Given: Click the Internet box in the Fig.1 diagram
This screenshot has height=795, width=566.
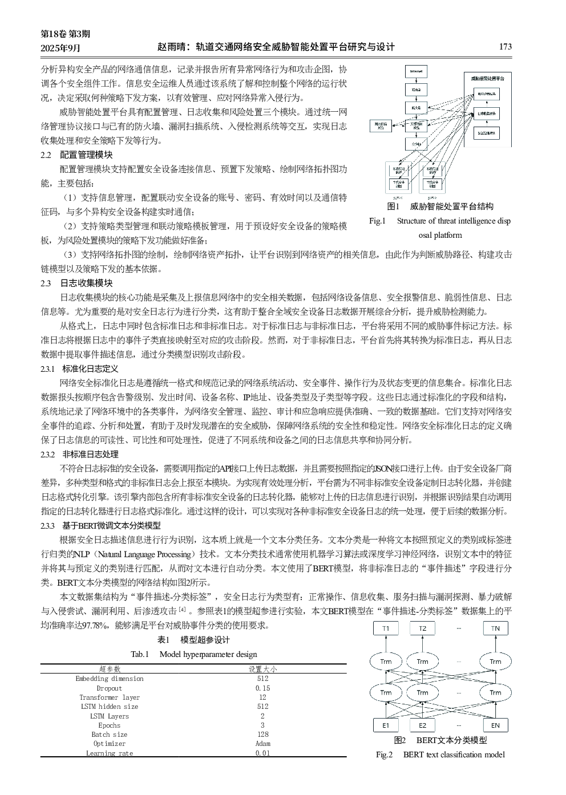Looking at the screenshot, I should (x=416, y=72).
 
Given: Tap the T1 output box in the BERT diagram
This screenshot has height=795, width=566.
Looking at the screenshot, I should (x=386, y=628).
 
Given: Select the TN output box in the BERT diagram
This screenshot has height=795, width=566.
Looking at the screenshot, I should (x=495, y=628).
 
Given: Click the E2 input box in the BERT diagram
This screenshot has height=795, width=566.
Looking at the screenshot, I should (x=422, y=725).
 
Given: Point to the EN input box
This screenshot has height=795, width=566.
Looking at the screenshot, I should (x=495, y=725).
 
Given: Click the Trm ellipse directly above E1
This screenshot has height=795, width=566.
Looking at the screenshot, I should (x=386, y=692).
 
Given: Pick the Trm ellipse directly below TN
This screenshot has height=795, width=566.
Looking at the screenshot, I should (x=495, y=662).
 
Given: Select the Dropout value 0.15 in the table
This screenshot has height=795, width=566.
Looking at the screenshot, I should (x=262, y=688).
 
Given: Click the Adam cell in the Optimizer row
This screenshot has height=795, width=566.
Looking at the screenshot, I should (x=262, y=744).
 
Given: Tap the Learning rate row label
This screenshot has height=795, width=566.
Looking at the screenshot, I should (x=110, y=753).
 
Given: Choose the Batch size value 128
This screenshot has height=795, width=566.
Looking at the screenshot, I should (x=262, y=735).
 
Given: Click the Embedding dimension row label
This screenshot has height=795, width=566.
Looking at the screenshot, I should (x=110, y=679).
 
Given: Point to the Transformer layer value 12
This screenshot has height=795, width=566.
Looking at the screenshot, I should (x=262, y=697).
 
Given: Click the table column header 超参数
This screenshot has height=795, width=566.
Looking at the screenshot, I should (x=110, y=669).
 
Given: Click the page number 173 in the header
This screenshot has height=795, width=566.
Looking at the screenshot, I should (x=505, y=47).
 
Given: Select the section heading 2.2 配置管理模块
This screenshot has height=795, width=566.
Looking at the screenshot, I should (x=76, y=155).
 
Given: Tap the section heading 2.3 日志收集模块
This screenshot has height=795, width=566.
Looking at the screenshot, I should (x=76, y=283).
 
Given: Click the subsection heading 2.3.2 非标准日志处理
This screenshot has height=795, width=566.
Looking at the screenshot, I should (x=79, y=455).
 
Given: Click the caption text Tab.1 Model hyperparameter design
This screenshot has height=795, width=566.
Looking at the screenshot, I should (x=194, y=655).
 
